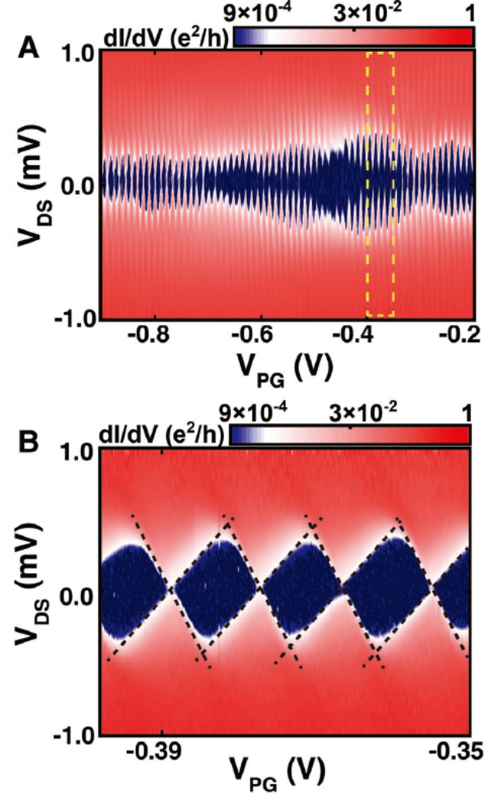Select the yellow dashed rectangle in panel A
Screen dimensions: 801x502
point(381,184)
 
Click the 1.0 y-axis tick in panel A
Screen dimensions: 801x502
point(76,54)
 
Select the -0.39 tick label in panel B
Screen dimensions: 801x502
point(163,750)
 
